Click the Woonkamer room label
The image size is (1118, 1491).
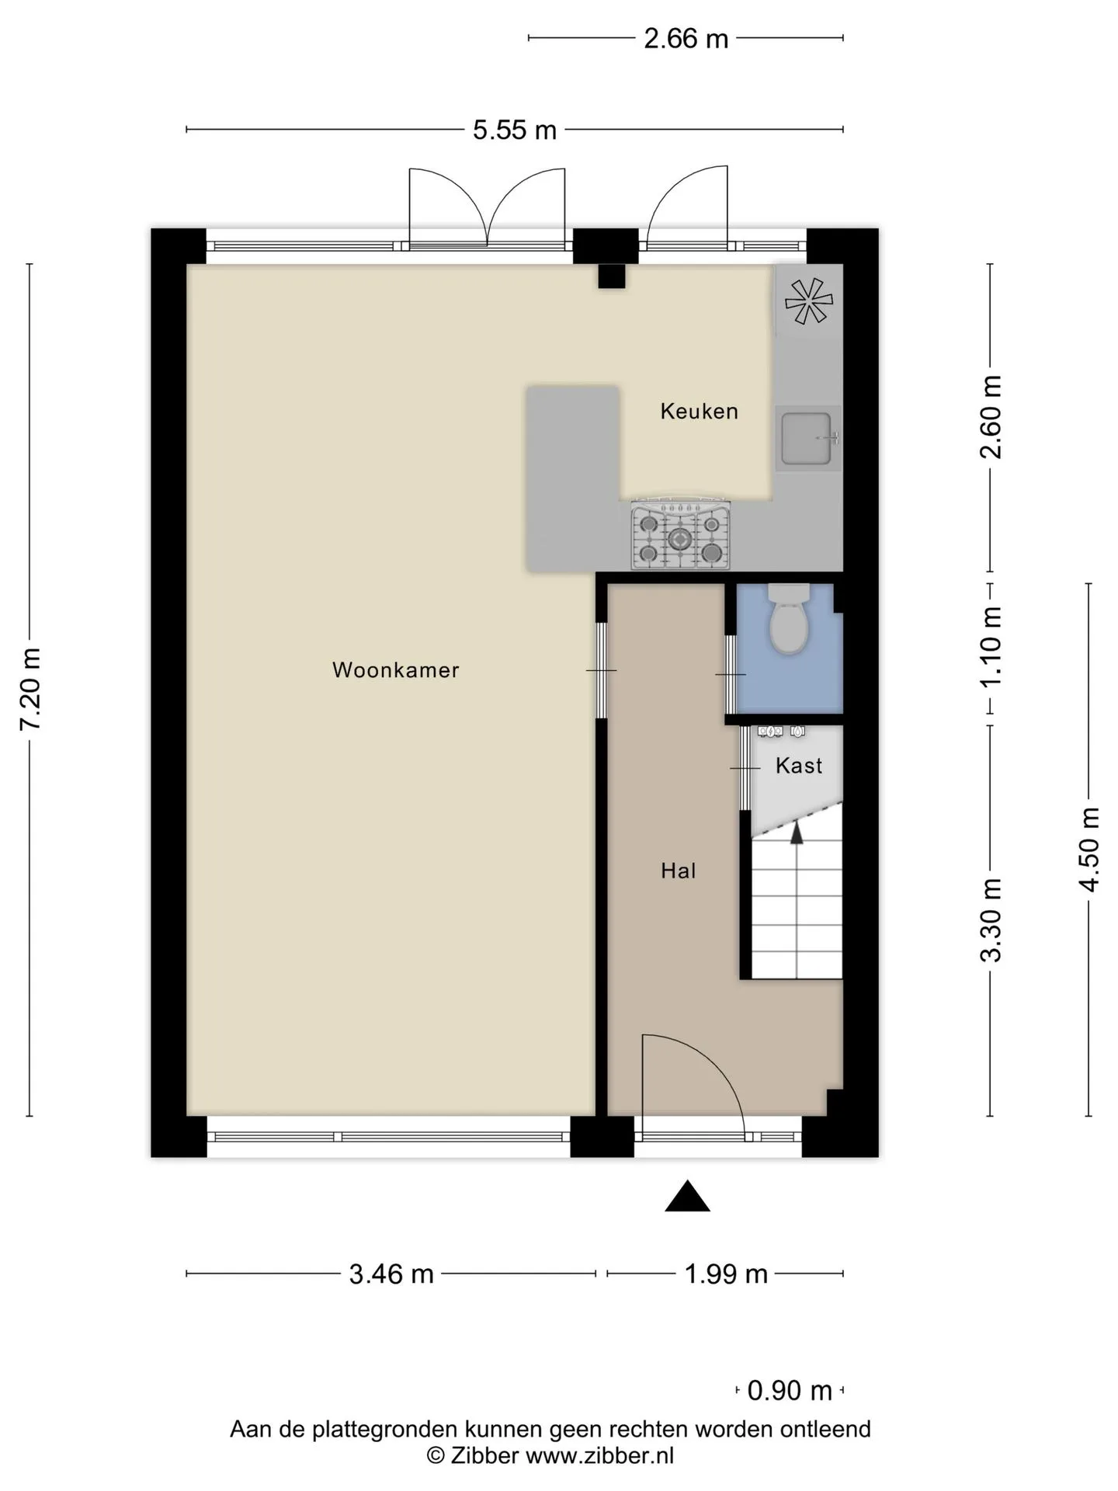[x=396, y=669]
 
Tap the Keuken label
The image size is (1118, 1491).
[x=699, y=411]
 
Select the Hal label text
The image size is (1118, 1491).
[x=678, y=871]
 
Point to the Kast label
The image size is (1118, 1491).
[x=798, y=766]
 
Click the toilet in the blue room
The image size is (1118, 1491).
[x=789, y=619]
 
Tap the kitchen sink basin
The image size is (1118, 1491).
[x=806, y=439]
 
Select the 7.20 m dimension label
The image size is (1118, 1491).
[x=30, y=689]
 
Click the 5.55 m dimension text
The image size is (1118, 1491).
[x=515, y=130]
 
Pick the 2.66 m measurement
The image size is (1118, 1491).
[x=686, y=38]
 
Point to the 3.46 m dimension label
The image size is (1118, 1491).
[x=391, y=1274]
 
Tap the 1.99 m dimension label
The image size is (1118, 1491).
[x=726, y=1274]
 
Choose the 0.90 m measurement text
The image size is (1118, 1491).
[x=790, y=1390]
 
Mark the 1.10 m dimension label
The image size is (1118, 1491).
[x=991, y=646]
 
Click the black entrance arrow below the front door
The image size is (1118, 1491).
[x=687, y=1196]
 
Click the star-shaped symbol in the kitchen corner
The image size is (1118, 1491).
[x=808, y=301]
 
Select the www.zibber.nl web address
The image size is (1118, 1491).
[x=600, y=1455]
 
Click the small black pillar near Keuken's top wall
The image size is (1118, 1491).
[x=611, y=276]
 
